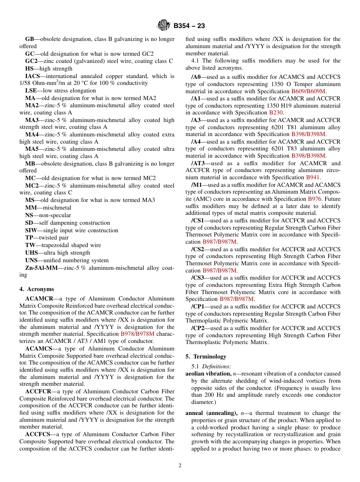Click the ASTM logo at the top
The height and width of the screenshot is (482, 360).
(x=164, y=26)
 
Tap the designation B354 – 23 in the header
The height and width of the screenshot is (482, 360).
(x=189, y=26)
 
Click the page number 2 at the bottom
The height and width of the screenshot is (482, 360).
(x=180, y=466)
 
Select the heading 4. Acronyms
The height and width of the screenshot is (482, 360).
(x=37, y=289)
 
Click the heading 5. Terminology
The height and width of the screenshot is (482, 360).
(x=206, y=357)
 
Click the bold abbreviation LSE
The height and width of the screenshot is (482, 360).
(x=31, y=91)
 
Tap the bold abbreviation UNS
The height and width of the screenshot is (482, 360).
(x=31, y=260)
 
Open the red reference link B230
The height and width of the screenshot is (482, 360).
(x=276, y=113)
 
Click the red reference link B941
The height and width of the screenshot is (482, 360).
(x=313, y=177)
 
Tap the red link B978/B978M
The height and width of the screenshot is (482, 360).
(x=138, y=334)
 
